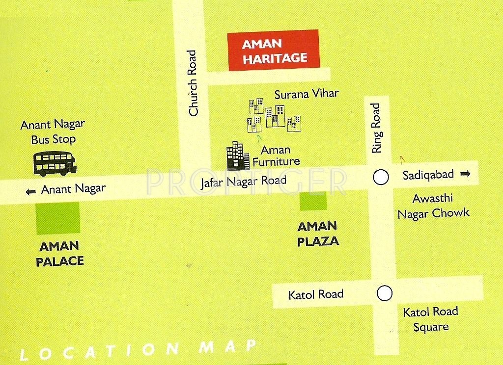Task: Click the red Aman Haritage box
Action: pos(274,51)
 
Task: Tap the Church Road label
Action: pos(193,83)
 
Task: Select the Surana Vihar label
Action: pos(307,94)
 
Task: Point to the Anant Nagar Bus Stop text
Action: pos(53,132)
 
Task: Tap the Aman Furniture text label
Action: pos(276,156)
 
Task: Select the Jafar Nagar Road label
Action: pos(244,181)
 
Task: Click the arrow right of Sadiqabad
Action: pos(466,174)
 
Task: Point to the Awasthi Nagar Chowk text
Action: pos(433,206)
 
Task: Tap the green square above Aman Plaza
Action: pos(313,201)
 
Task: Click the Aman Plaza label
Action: pos(318,234)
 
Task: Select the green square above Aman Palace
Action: pos(58,218)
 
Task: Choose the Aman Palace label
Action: pos(60,254)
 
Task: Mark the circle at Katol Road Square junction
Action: pos(385,293)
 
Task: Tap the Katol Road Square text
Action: pos(430,319)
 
